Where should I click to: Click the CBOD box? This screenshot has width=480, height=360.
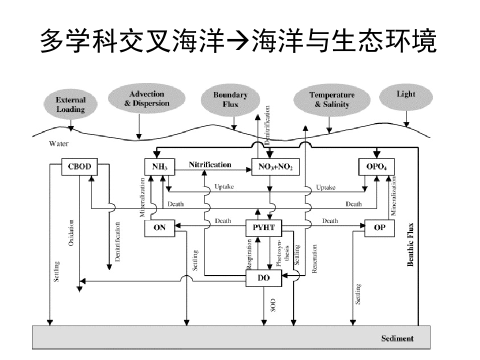79,166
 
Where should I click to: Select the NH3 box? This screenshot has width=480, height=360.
159,166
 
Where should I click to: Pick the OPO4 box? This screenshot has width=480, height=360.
376,166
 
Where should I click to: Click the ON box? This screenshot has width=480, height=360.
159,227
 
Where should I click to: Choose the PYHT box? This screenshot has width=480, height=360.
264,227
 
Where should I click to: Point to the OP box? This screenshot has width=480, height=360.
379,227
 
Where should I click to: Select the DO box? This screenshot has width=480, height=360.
263,277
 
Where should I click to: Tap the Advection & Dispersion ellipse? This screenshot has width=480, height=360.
146,98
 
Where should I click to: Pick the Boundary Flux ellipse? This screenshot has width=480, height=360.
230,99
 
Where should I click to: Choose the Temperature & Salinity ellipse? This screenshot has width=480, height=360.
331,99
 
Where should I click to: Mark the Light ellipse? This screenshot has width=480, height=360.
405,94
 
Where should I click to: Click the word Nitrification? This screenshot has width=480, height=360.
210,164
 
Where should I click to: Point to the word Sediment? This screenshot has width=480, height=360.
397,338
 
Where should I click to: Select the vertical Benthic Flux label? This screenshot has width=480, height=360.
410,244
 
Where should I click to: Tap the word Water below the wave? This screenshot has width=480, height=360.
58,144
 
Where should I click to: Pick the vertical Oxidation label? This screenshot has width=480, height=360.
71,233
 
